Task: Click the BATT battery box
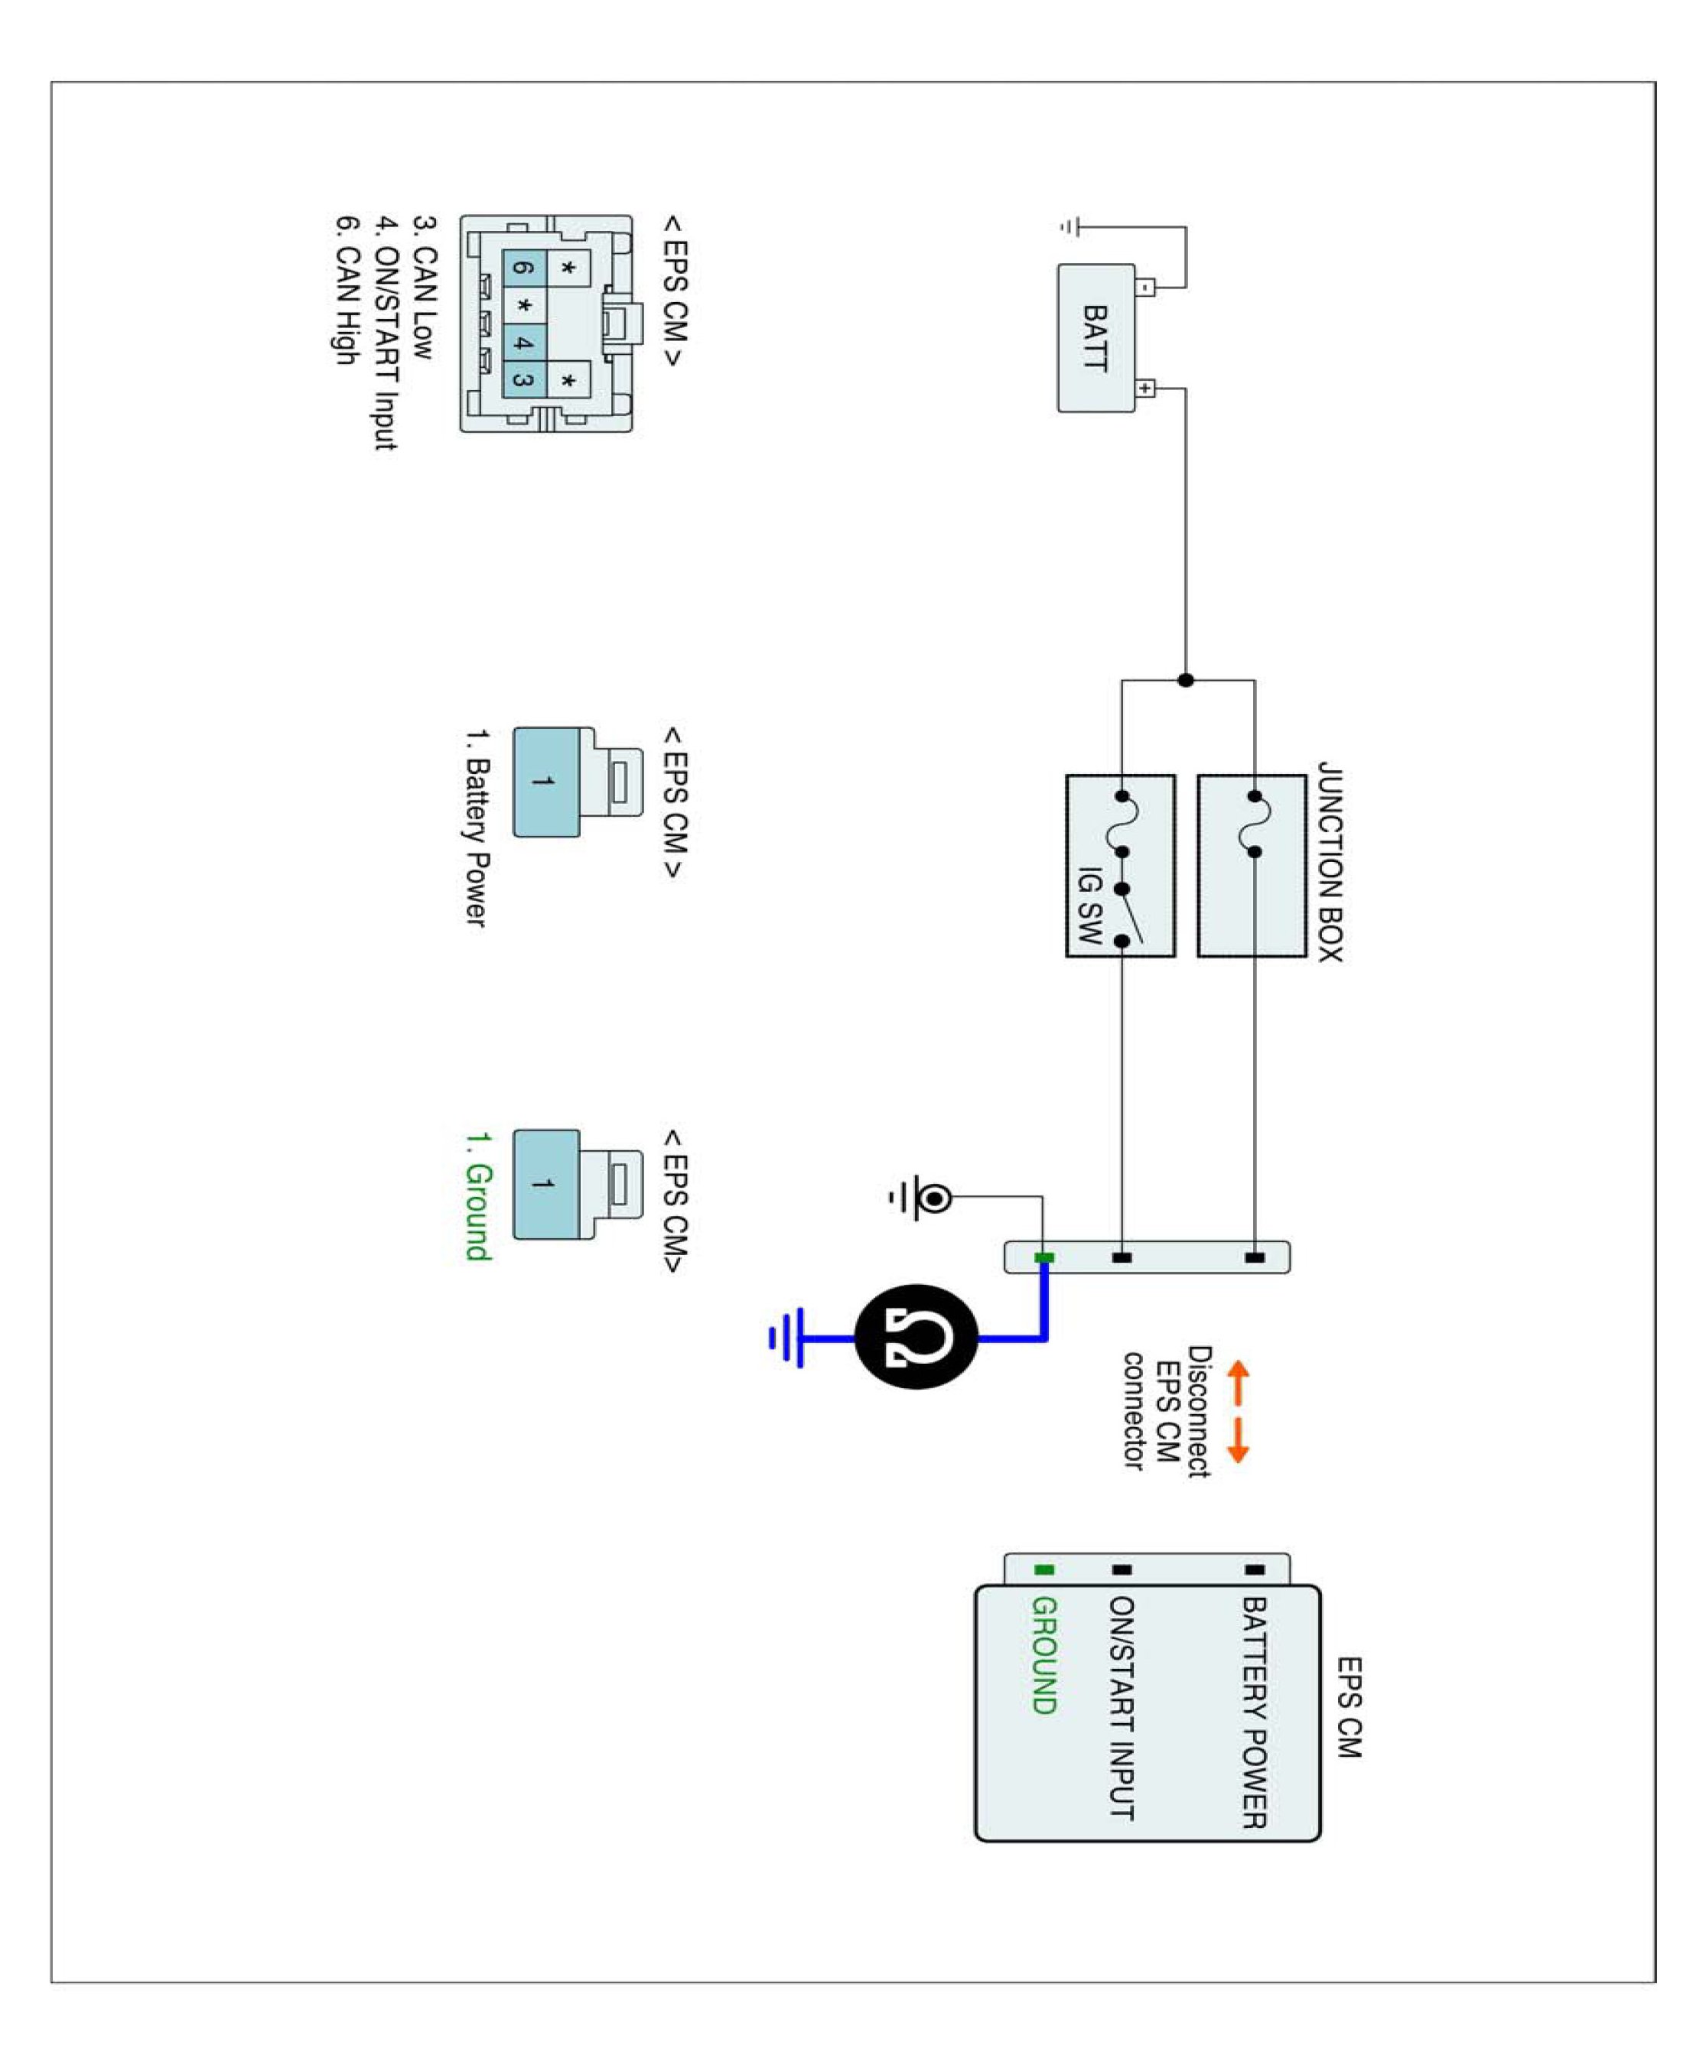pyautogui.click(x=1096, y=337)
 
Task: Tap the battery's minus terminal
pyautogui.click(x=1145, y=288)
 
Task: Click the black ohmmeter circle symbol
pyautogui.click(x=916, y=1337)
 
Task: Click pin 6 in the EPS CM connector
pyautogui.click(x=524, y=267)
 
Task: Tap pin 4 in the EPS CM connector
pyautogui.click(x=524, y=343)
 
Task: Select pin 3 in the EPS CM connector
pyautogui.click(x=524, y=380)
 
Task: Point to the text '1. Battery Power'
pyautogui.click(x=477, y=828)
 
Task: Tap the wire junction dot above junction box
pyautogui.click(x=1185, y=680)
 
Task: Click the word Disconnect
pyautogui.click(x=1199, y=1412)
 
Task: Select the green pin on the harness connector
pyautogui.click(x=1043, y=1257)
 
